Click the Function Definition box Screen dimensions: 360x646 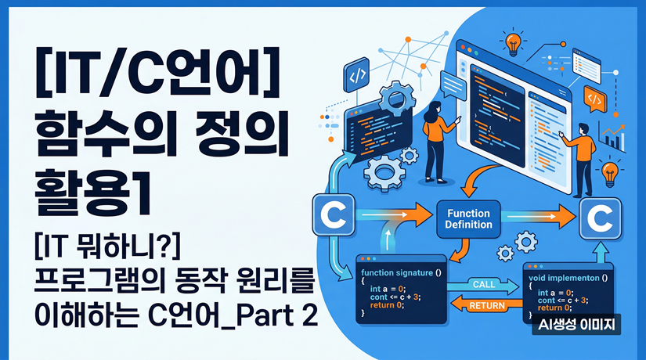coord(469,218)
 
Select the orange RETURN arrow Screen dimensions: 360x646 coord(482,305)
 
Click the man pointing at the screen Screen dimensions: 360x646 coord(579,152)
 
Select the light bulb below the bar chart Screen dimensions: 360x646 coord(609,170)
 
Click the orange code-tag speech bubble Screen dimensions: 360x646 coord(594,99)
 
